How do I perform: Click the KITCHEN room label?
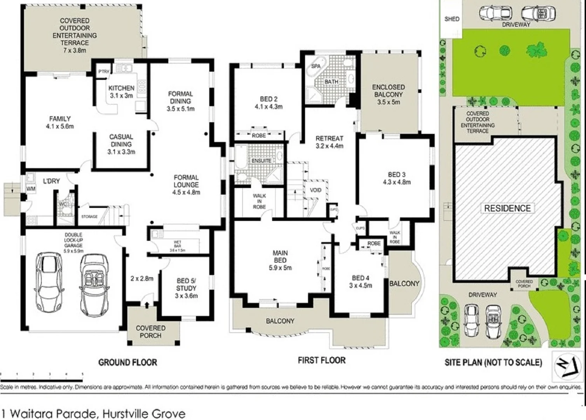click(121, 88)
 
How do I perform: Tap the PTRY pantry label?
click(104, 72)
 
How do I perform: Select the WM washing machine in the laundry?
click(31, 189)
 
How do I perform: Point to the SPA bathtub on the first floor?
click(316, 66)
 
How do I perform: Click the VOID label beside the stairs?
click(316, 190)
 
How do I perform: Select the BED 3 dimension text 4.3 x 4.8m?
click(396, 182)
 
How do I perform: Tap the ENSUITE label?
click(261, 161)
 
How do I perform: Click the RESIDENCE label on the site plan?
click(507, 208)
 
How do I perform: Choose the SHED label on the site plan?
click(452, 19)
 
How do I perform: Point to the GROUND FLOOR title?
click(127, 362)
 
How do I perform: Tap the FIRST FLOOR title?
click(321, 360)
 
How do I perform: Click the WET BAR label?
click(177, 244)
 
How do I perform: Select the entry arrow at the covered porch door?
click(146, 304)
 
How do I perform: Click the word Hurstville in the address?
click(125, 413)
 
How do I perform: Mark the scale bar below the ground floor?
click(42, 374)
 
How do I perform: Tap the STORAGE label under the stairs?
click(89, 217)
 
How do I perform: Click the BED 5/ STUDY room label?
click(186, 284)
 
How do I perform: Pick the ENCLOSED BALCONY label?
click(388, 91)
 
